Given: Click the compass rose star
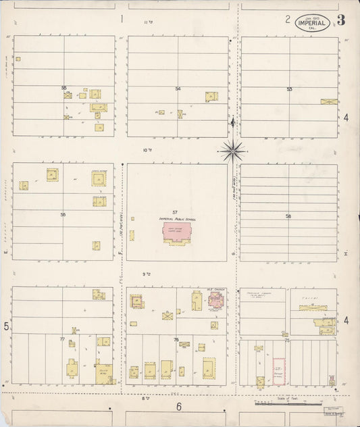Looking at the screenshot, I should coord(232,150).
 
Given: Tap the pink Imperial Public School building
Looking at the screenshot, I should coord(176,234).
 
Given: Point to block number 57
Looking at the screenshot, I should coord(175,212).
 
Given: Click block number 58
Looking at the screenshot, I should coord(288,216).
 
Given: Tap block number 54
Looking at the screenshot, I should coord(178,89).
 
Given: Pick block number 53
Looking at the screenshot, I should coord(289,89).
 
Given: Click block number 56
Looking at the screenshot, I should coord(63,214).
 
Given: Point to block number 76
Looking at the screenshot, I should coord(176,339).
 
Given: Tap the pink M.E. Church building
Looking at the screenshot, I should coord(216,300).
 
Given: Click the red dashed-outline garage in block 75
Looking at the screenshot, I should coord(278,372).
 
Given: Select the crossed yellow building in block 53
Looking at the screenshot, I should coord(330,101).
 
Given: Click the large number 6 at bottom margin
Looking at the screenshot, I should coord(179,406).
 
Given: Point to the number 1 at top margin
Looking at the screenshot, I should coord(122,18).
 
